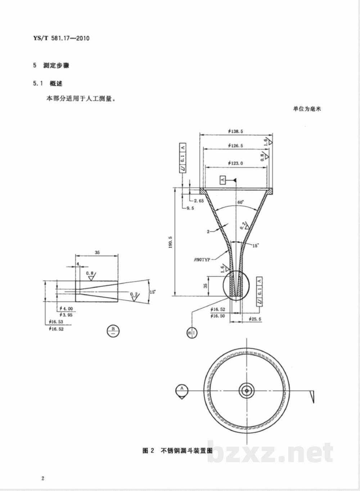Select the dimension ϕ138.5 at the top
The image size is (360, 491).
[235, 131]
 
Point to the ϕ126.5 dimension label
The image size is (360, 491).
[235, 146]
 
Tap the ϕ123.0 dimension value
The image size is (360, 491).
[235, 163]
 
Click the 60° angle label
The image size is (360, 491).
[240, 202]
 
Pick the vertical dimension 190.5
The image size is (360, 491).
[170, 242]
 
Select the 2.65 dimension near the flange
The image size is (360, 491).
[198, 201]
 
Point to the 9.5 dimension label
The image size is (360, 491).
[190, 209]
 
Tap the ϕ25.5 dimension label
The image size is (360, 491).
[255, 319]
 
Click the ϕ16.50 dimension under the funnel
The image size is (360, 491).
[217, 316]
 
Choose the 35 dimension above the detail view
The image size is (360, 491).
[97, 253]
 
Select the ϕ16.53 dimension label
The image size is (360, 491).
[56, 322]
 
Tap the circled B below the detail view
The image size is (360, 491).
[113, 331]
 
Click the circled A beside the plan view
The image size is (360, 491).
[182, 389]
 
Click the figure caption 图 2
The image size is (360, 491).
[148, 451]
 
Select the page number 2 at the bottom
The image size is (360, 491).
[43, 478]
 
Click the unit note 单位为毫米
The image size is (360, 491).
[307, 109]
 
